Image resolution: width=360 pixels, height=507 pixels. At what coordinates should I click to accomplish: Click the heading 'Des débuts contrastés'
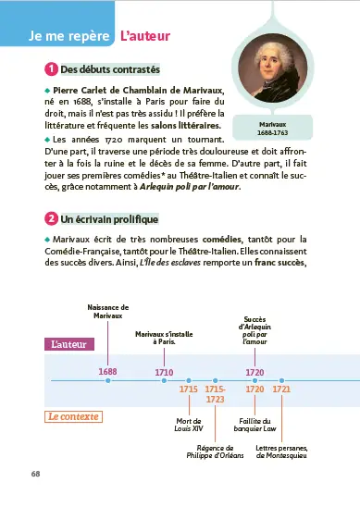(x=109, y=69)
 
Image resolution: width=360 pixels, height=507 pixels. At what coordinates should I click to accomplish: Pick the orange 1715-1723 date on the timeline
(x=215, y=394)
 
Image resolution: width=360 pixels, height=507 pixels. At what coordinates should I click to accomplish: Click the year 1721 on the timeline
(x=281, y=389)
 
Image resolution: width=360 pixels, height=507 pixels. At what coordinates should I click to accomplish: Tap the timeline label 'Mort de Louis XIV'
(x=189, y=425)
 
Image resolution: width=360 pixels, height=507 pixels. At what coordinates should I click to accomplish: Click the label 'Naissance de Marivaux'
(x=107, y=312)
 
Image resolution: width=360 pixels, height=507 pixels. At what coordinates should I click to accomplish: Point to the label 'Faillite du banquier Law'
(x=254, y=425)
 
